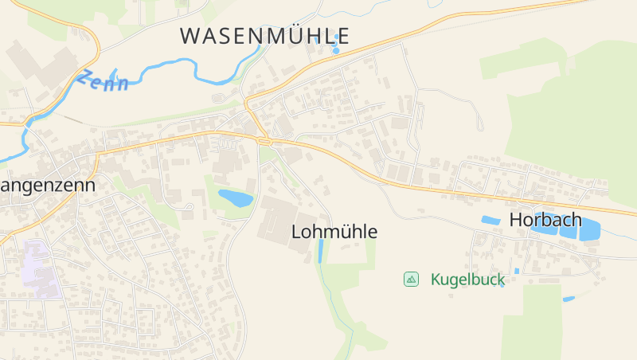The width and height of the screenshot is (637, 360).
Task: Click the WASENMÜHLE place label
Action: pyautogui.click(x=264, y=36)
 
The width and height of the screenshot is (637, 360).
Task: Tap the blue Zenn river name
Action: pyautogui.click(x=103, y=80)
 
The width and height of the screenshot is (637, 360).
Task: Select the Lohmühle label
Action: pyautogui.click(x=334, y=232)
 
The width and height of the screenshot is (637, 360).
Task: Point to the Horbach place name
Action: pyautogui.click(x=545, y=219)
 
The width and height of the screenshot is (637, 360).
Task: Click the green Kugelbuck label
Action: pyautogui.click(x=468, y=280)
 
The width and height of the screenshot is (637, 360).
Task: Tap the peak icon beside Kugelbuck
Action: pyautogui.click(x=411, y=279)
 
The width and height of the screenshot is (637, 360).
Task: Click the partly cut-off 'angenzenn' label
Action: pyautogui.click(x=48, y=186)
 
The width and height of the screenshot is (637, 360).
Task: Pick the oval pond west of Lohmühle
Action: pyautogui.click(x=235, y=197)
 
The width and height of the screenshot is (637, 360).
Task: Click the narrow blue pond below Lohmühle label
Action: pyautogui.click(x=321, y=252)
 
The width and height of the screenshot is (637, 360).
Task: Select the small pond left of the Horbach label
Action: pyautogui.click(x=490, y=220)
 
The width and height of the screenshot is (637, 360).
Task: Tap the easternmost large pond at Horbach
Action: pyautogui.click(x=589, y=231)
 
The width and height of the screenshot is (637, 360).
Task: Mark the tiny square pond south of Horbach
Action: pyautogui.click(x=517, y=271)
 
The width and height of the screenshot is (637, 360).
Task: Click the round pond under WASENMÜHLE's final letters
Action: pyautogui.click(x=335, y=50)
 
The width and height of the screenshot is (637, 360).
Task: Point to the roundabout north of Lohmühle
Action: pyautogui.click(x=265, y=142)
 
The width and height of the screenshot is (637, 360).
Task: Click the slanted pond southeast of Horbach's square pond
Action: pyautogui.click(x=569, y=299)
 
